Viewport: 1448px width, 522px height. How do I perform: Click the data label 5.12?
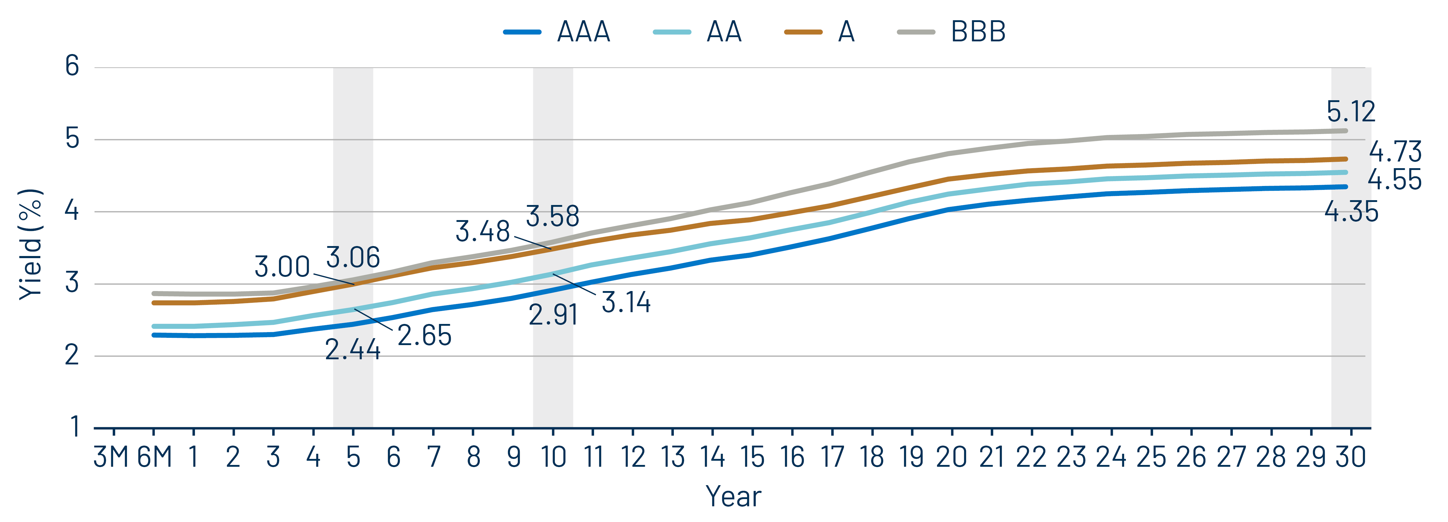1351,111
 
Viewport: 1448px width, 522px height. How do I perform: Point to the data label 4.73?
1395,152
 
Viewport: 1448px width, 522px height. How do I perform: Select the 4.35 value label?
1351,212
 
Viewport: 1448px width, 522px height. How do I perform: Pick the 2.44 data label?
352,350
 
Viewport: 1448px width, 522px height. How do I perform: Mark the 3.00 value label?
282,266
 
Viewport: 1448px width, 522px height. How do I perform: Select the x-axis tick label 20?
951,457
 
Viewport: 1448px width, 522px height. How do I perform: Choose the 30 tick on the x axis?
1351,457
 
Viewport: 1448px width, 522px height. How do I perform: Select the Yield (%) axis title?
31,245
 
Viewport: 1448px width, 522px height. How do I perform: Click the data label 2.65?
424,335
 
